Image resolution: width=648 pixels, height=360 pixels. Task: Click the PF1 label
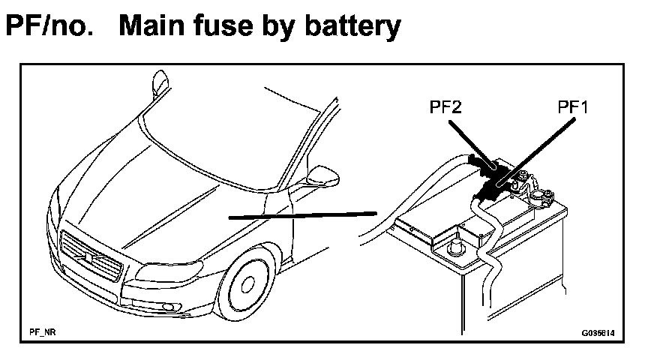click(573, 108)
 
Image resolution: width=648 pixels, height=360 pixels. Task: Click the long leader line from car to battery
click(300, 214)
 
